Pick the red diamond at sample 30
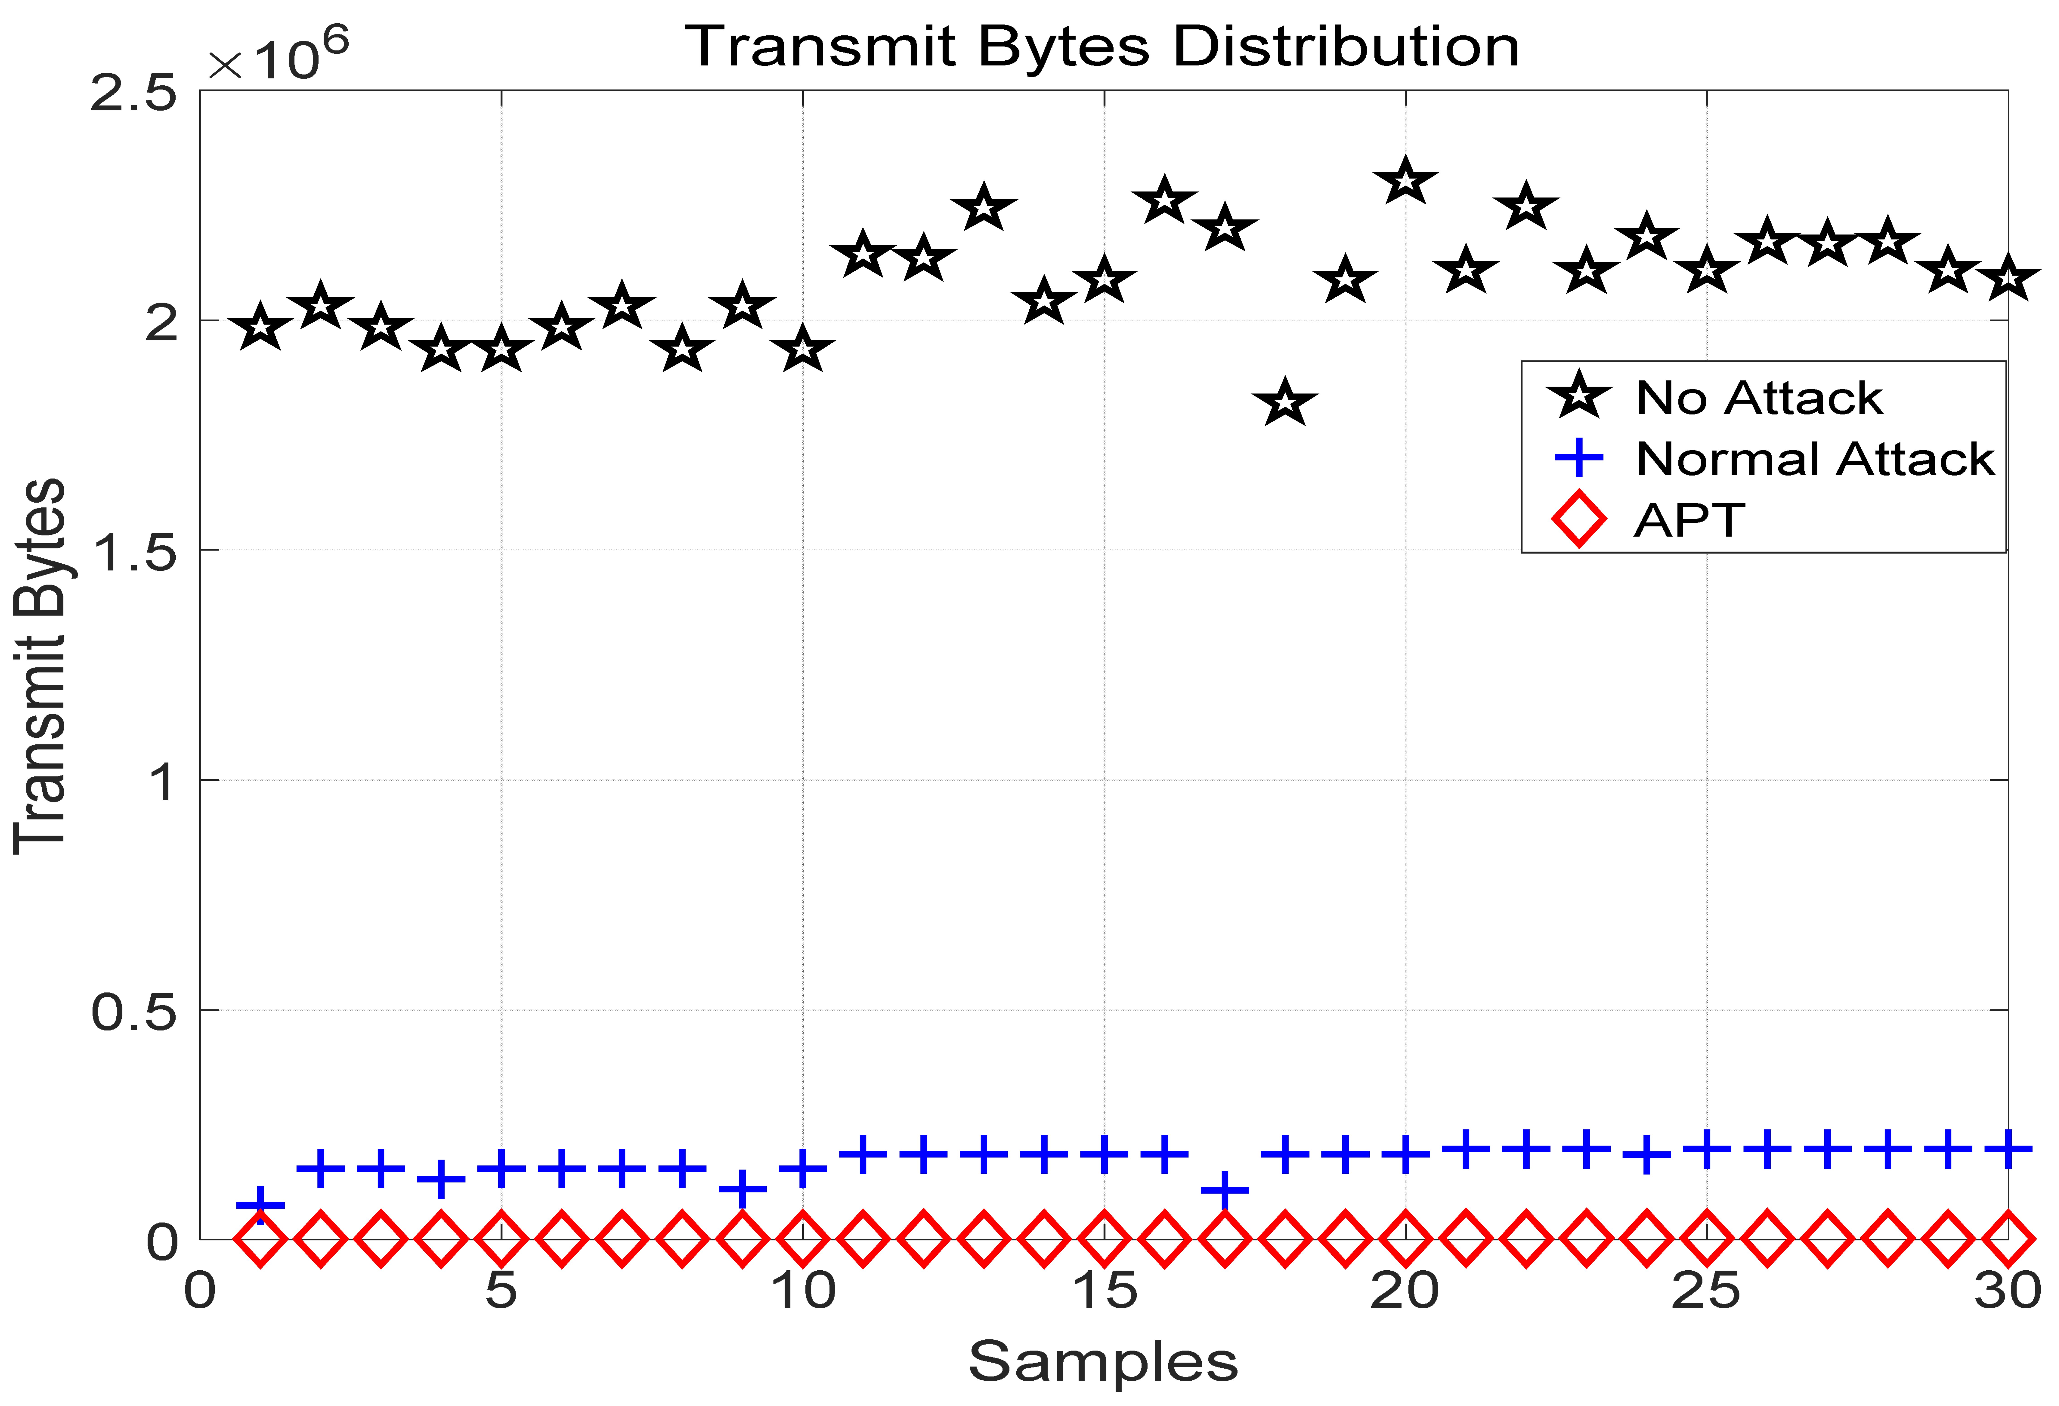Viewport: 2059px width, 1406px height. (x=2008, y=1240)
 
